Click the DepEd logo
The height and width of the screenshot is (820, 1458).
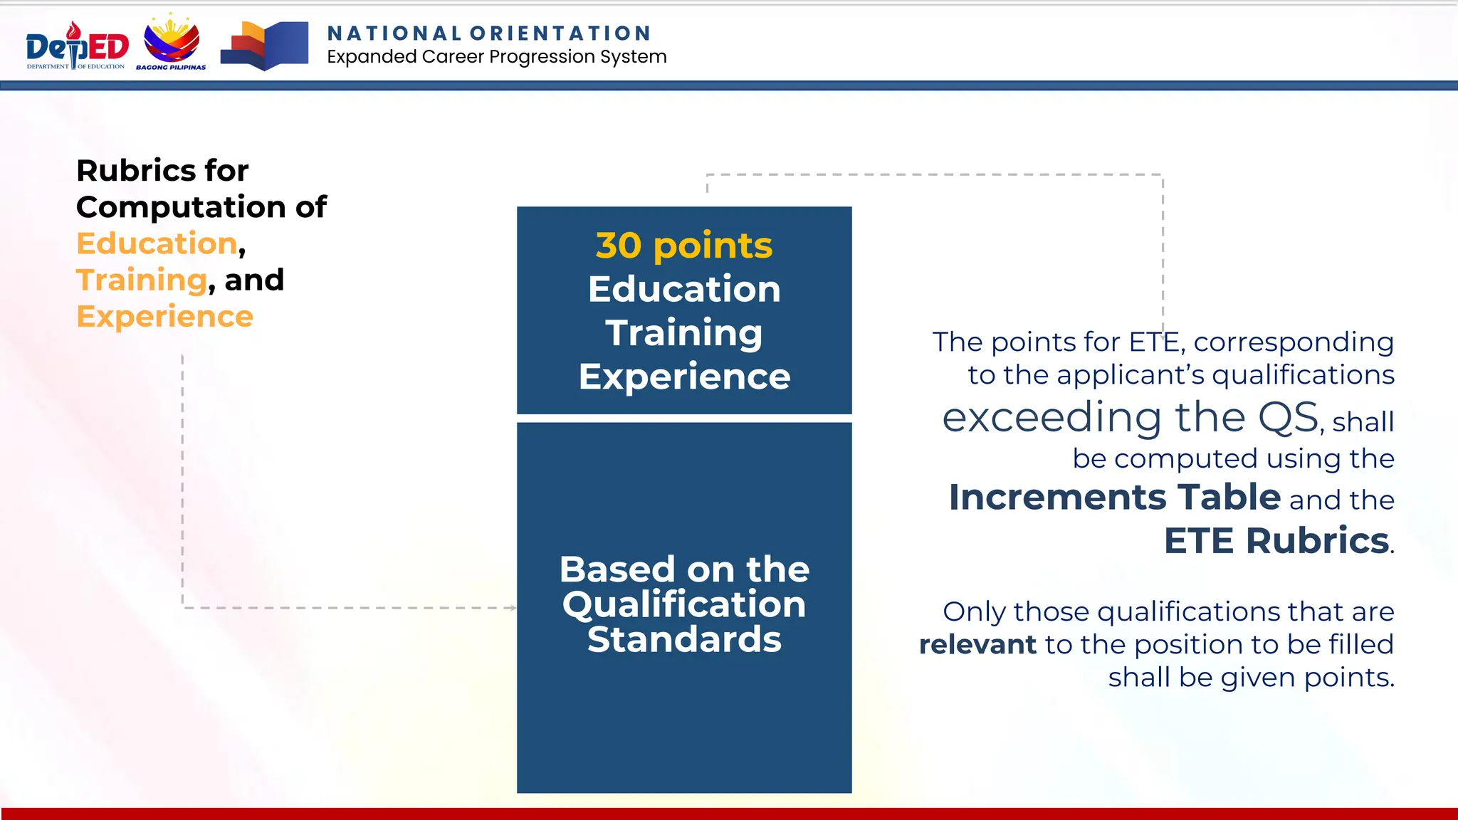pos(77,46)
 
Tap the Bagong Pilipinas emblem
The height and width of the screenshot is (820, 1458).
pos(172,43)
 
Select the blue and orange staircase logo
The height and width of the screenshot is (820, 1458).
pos(264,46)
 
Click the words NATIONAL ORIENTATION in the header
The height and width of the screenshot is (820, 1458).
pos(489,33)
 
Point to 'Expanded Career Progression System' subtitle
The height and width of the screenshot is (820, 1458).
pos(496,57)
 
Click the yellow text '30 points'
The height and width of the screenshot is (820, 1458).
pos(683,246)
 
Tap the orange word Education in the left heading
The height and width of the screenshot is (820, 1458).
pos(157,243)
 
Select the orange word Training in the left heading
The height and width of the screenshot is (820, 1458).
pos(141,280)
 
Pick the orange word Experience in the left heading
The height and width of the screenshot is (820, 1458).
pos(164,316)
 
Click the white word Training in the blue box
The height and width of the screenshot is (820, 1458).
pos(683,333)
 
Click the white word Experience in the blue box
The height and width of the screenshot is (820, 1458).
pos(683,377)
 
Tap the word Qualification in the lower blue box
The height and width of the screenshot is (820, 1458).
pos(683,604)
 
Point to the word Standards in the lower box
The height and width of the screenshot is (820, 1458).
pos(683,639)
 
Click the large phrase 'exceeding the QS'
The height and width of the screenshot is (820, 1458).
pos(1130,417)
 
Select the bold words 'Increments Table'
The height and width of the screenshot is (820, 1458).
pos(1114,497)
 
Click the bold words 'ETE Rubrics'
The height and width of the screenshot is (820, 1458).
pos(1276,540)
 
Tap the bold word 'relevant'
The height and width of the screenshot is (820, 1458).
pos(977,645)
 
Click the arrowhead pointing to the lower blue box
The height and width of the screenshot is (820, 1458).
pos(513,608)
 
